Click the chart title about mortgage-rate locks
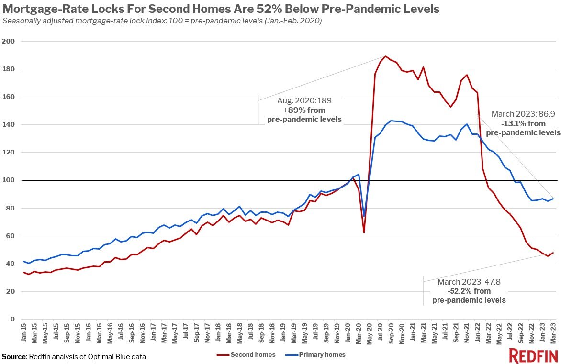[221, 9]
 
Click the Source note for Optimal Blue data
[74, 356]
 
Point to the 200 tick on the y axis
[9, 42]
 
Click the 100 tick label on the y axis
[9, 180]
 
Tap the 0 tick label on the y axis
[12, 319]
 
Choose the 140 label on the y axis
[9, 125]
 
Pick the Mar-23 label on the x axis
[553, 332]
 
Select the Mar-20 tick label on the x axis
[358, 332]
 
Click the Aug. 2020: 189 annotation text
[304, 101]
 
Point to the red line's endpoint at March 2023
[553, 253]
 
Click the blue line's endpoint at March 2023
[553, 199]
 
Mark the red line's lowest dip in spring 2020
[364, 232]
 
